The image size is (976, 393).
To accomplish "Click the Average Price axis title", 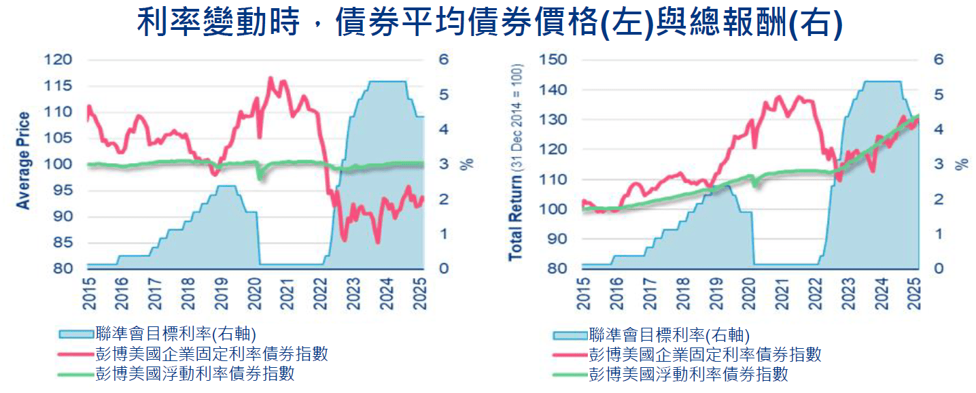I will click(24, 160).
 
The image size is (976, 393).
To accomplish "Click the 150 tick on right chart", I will click(553, 60).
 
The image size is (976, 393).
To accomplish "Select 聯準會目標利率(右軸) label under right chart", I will click(669, 334).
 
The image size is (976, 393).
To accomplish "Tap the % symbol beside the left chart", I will click(466, 165).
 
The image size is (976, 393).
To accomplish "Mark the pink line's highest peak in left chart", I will click(271, 78).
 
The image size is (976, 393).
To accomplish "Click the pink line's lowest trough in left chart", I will click(377, 243).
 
